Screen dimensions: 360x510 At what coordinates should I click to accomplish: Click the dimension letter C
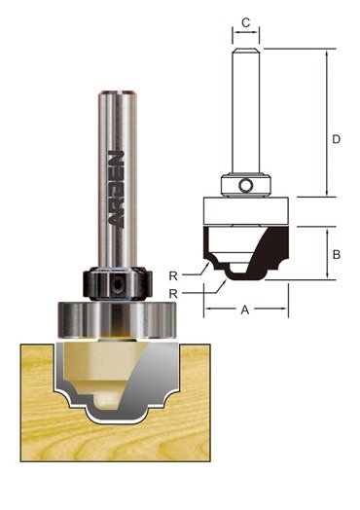point(246,22)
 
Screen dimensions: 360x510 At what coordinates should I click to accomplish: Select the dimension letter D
point(336,139)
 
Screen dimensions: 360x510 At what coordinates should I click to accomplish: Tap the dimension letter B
point(337,254)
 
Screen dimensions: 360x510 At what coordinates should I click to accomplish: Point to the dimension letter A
point(245,310)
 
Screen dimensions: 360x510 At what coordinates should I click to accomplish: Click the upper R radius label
point(173,276)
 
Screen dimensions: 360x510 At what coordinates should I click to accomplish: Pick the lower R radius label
point(173,294)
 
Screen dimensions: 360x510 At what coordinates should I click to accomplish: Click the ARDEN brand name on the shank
point(116,189)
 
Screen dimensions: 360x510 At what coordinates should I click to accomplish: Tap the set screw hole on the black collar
point(116,285)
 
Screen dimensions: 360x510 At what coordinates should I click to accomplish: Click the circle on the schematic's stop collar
point(245,185)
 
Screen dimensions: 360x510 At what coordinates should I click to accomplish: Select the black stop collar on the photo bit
point(117,283)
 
